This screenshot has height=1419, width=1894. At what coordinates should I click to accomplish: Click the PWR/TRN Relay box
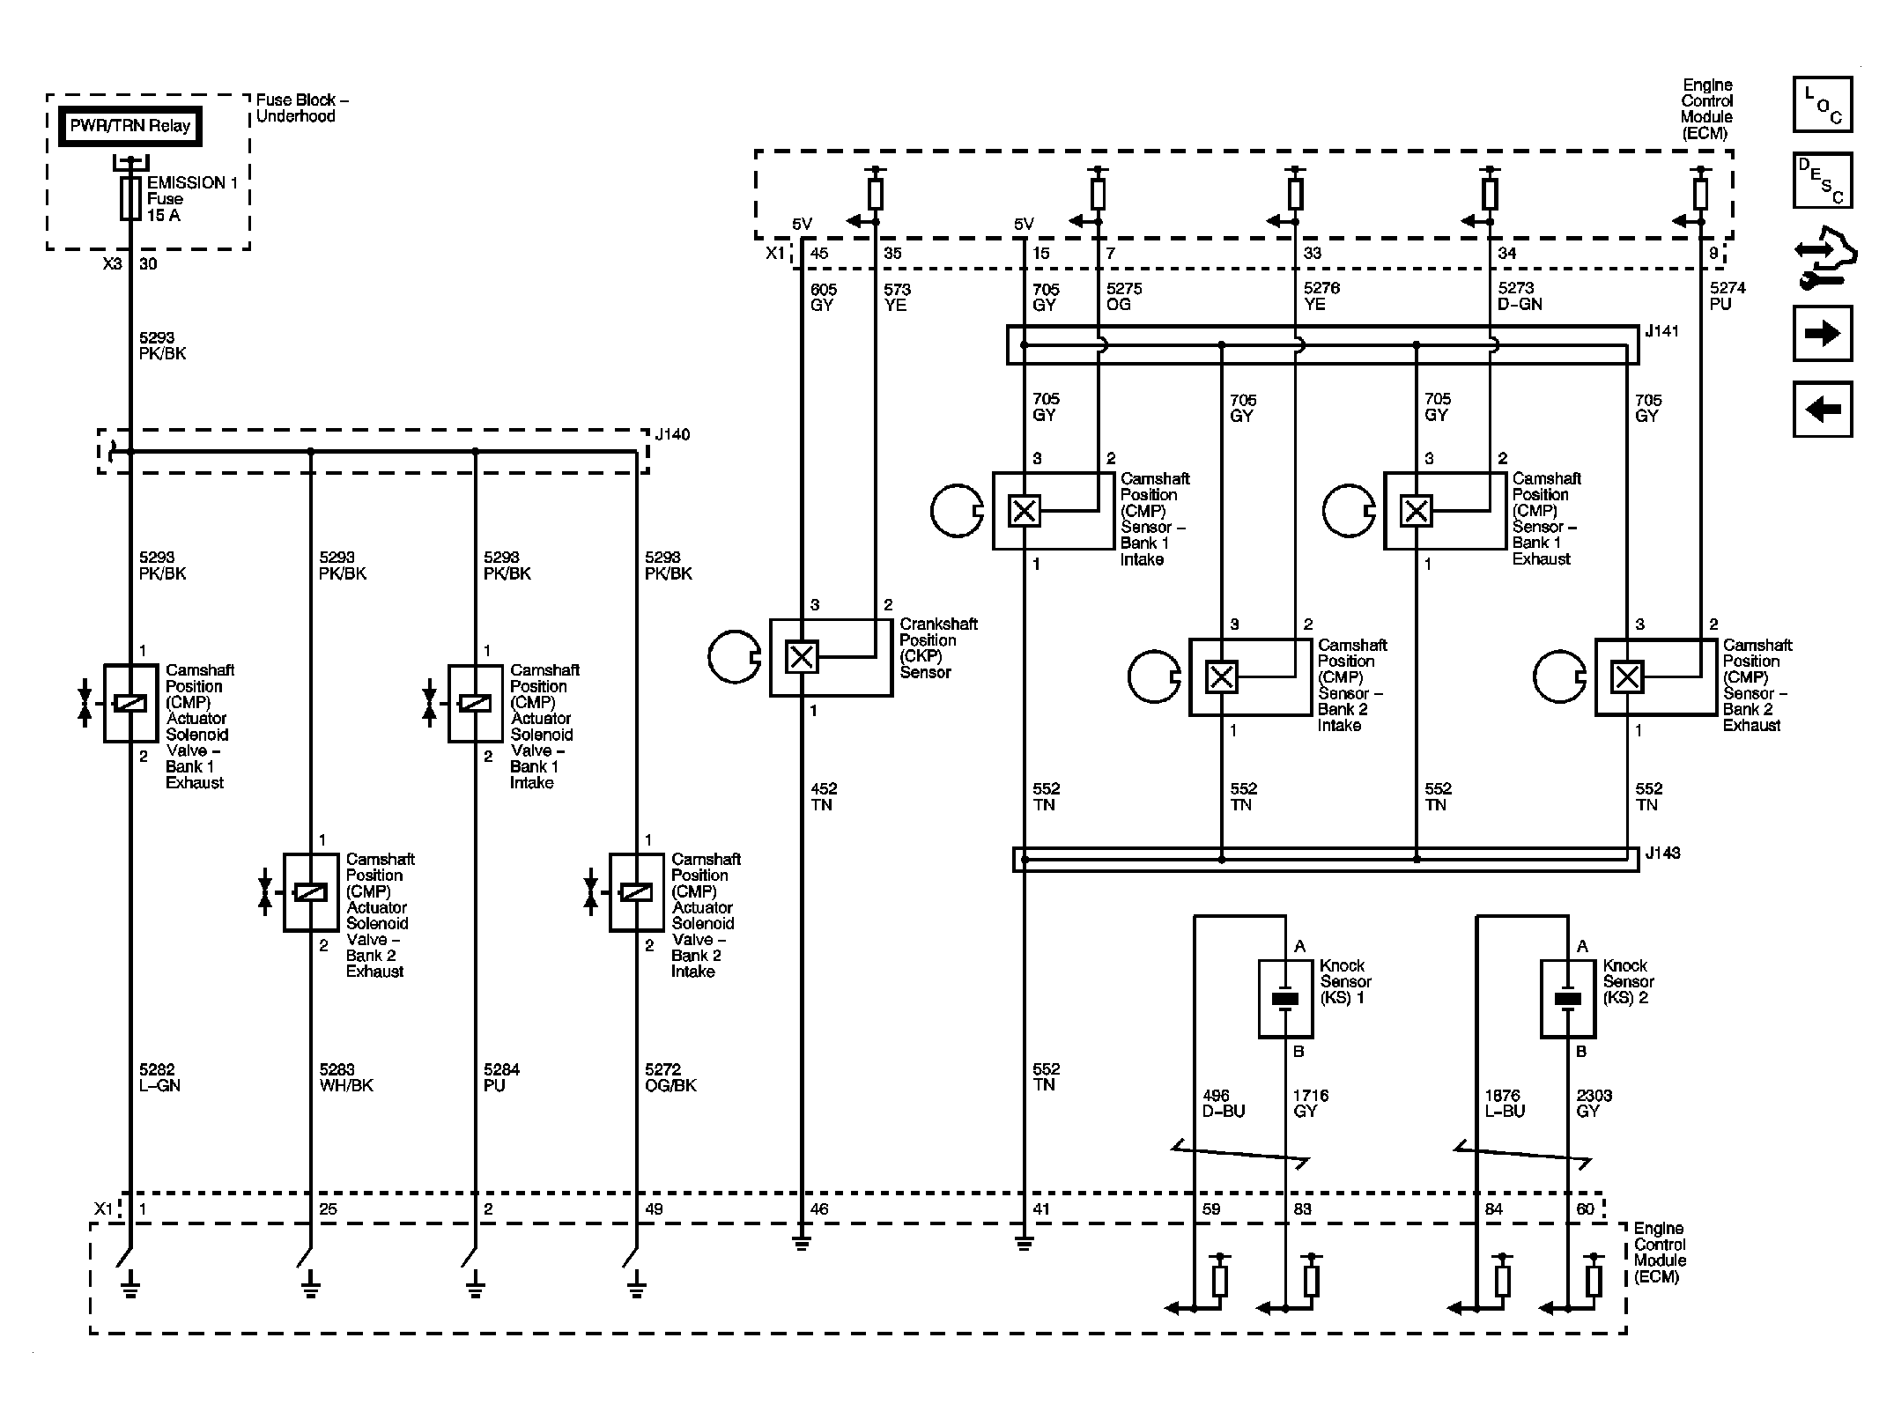tap(130, 126)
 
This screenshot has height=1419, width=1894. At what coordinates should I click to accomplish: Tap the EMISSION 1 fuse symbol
tap(130, 197)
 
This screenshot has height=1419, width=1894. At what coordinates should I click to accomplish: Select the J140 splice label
tap(673, 434)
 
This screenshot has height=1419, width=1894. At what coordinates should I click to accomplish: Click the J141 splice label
tap(1662, 331)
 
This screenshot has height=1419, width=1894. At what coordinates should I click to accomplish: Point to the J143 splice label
tap(1662, 853)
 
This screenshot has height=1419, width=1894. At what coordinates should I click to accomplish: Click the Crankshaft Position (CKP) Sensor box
tap(831, 658)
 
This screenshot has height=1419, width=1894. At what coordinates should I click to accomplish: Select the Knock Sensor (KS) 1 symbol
tap(1286, 998)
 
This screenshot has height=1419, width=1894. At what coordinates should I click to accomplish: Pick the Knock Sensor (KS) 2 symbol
tap(1568, 998)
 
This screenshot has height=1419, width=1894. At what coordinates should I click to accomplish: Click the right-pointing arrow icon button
tap(1823, 333)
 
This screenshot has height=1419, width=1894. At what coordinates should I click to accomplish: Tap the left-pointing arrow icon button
tap(1823, 409)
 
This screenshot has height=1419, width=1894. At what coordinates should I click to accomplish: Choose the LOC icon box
tap(1823, 105)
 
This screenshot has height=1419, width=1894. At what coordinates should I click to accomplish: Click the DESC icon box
tap(1823, 181)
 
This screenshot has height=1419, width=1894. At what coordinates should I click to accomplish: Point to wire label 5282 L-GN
tap(159, 1077)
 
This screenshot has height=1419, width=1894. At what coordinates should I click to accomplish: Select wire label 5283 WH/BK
tap(346, 1077)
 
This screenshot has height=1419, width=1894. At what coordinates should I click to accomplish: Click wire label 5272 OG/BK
tap(670, 1077)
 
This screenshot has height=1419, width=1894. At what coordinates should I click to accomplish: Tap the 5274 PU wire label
tap(1728, 296)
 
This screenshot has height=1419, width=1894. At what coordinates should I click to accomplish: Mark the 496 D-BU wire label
tap(1224, 1104)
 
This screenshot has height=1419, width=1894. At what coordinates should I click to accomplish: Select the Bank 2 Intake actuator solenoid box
tap(636, 892)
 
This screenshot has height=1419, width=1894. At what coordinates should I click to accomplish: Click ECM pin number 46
tap(819, 1209)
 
